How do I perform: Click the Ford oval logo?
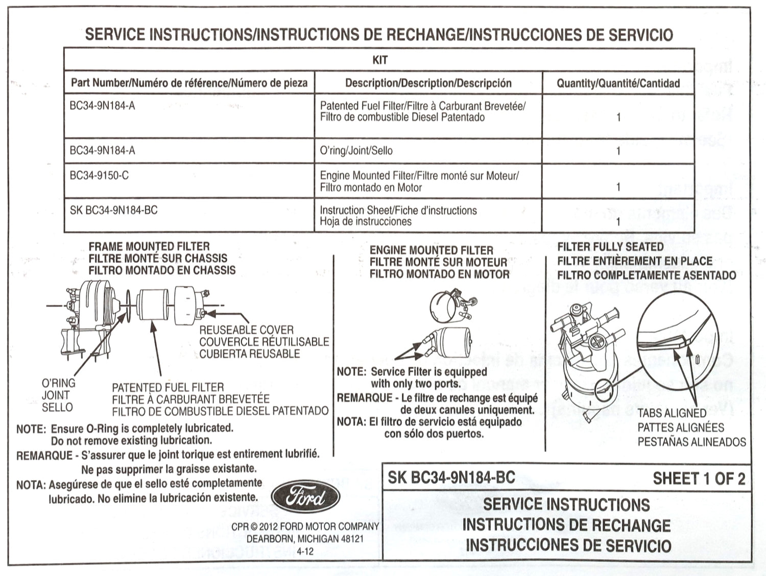pyautogui.click(x=305, y=496)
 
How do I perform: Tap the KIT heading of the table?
pyautogui.click(x=380, y=60)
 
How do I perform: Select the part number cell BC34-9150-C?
pyautogui.click(x=100, y=176)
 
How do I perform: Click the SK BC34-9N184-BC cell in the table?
pyautogui.click(x=114, y=210)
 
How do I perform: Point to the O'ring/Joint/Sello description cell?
pyautogui.click(x=356, y=151)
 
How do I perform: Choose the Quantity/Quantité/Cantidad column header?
pyautogui.click(x=618, y=83)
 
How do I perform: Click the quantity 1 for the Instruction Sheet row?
pyautogui.click(x=618, y=221)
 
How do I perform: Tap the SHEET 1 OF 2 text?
pyautogui.click(x=699, y=479)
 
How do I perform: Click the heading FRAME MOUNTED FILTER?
pyautogui.click(x=149, y=246)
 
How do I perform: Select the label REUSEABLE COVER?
pyautogui.click(x=246, y=330)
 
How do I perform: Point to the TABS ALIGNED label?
pyautogui.click(x=672, y=413)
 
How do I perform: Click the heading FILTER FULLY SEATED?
pyautogui.click(x=610, y=247)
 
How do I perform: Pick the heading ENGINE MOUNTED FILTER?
pyautogui.click(x=432, y=251)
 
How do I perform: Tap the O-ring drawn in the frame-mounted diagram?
pyautogui.click(x=128, y=307)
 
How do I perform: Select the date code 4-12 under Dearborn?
pyautogui.click(x=305, y=552)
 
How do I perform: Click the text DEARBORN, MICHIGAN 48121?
pyautogui.click(x=305, y=539)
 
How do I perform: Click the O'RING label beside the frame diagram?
pyautogui.click(x=59, y=383)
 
